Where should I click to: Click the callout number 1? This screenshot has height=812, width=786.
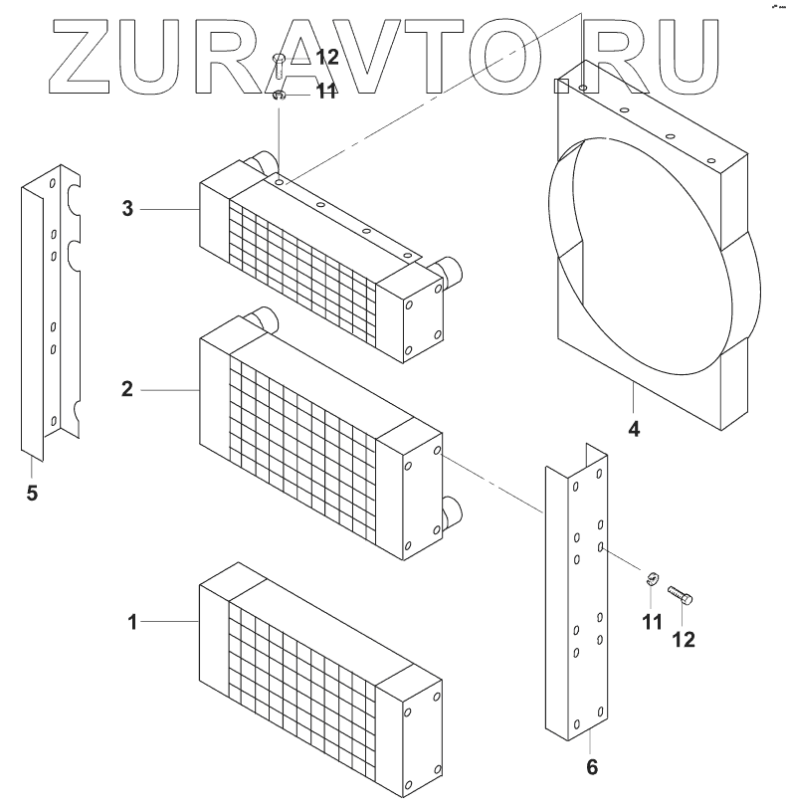pos(131,622)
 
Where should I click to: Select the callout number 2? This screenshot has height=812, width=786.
pos(127,389)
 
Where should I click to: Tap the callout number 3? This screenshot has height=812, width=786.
pos(127,209)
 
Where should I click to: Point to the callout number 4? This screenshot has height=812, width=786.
pos(633,430)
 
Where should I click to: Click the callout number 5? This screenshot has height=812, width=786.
pos(32,493)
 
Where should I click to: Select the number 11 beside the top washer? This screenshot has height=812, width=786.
pos(326,92)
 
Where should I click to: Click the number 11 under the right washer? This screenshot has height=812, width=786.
pos(652,623)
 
